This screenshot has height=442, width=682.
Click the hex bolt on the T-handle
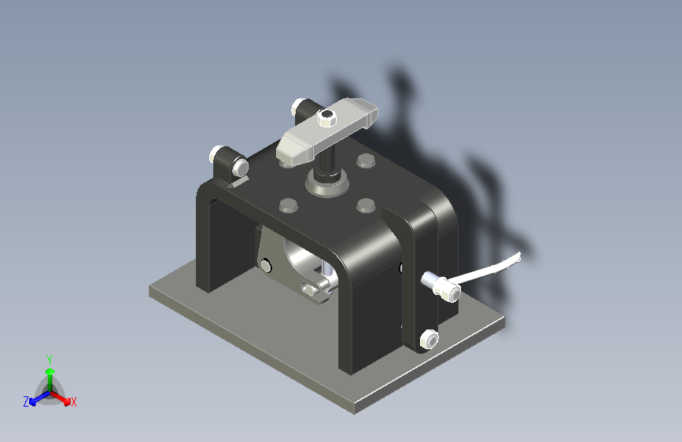[x=327, y=117]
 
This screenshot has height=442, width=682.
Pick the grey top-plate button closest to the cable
[x=366, y=205]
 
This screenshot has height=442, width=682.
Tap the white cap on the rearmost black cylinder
[x=298, y=106]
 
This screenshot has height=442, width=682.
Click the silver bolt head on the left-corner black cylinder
[x=240, y=167]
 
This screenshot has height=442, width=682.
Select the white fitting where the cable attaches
[x=441, y=286]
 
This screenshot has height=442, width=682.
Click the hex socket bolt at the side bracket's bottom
[x=429, y=339]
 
